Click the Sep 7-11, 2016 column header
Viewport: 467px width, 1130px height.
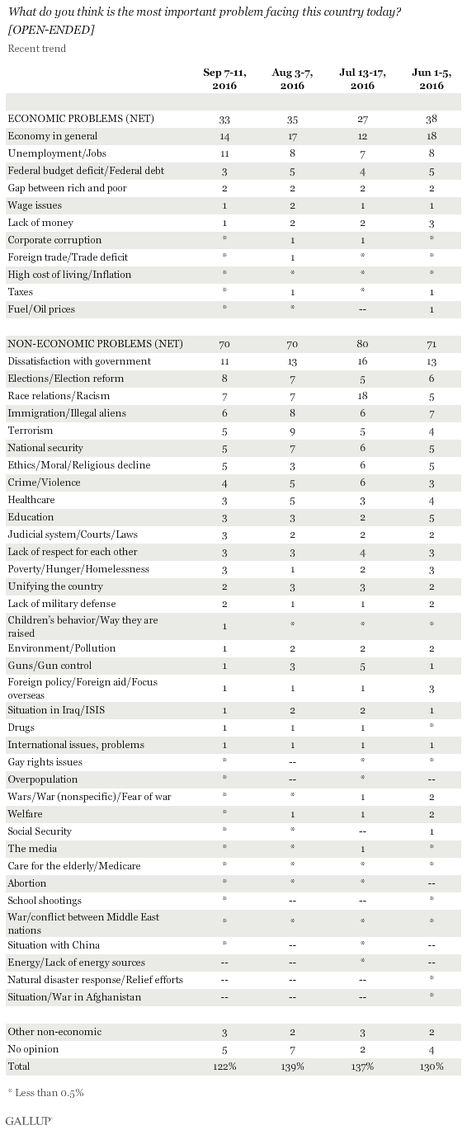pos(224,78)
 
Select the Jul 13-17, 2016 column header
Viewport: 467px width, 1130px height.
pos(362,78)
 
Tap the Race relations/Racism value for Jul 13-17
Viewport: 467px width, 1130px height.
pos(362,396)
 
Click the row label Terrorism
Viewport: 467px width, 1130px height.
pos(31,431)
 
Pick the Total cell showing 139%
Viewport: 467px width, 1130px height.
pos(292,1067)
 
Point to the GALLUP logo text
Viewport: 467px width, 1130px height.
pos(29,1120)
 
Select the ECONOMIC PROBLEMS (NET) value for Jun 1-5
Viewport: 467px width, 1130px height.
pos(432,119)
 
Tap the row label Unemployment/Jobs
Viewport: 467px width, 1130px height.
pos(57,153)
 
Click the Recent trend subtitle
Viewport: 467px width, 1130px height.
pos(37,49)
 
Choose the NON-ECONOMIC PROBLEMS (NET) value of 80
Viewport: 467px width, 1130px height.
pos(362,344)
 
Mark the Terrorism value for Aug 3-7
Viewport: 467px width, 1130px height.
pos(292,431)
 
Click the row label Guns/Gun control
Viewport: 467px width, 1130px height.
pos(50,666)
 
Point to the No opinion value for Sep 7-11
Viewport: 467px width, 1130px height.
pos(224,1050)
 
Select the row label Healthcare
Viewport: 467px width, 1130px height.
pos(31,500)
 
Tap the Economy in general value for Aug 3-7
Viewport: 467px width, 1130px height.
pos(292,136)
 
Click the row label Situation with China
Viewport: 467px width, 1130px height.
pos(54,945)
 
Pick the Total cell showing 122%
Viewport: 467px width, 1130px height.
pos(224,1067)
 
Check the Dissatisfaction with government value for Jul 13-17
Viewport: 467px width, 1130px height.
pos(362,361)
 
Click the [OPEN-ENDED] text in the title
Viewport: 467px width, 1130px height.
pos(51,30)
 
